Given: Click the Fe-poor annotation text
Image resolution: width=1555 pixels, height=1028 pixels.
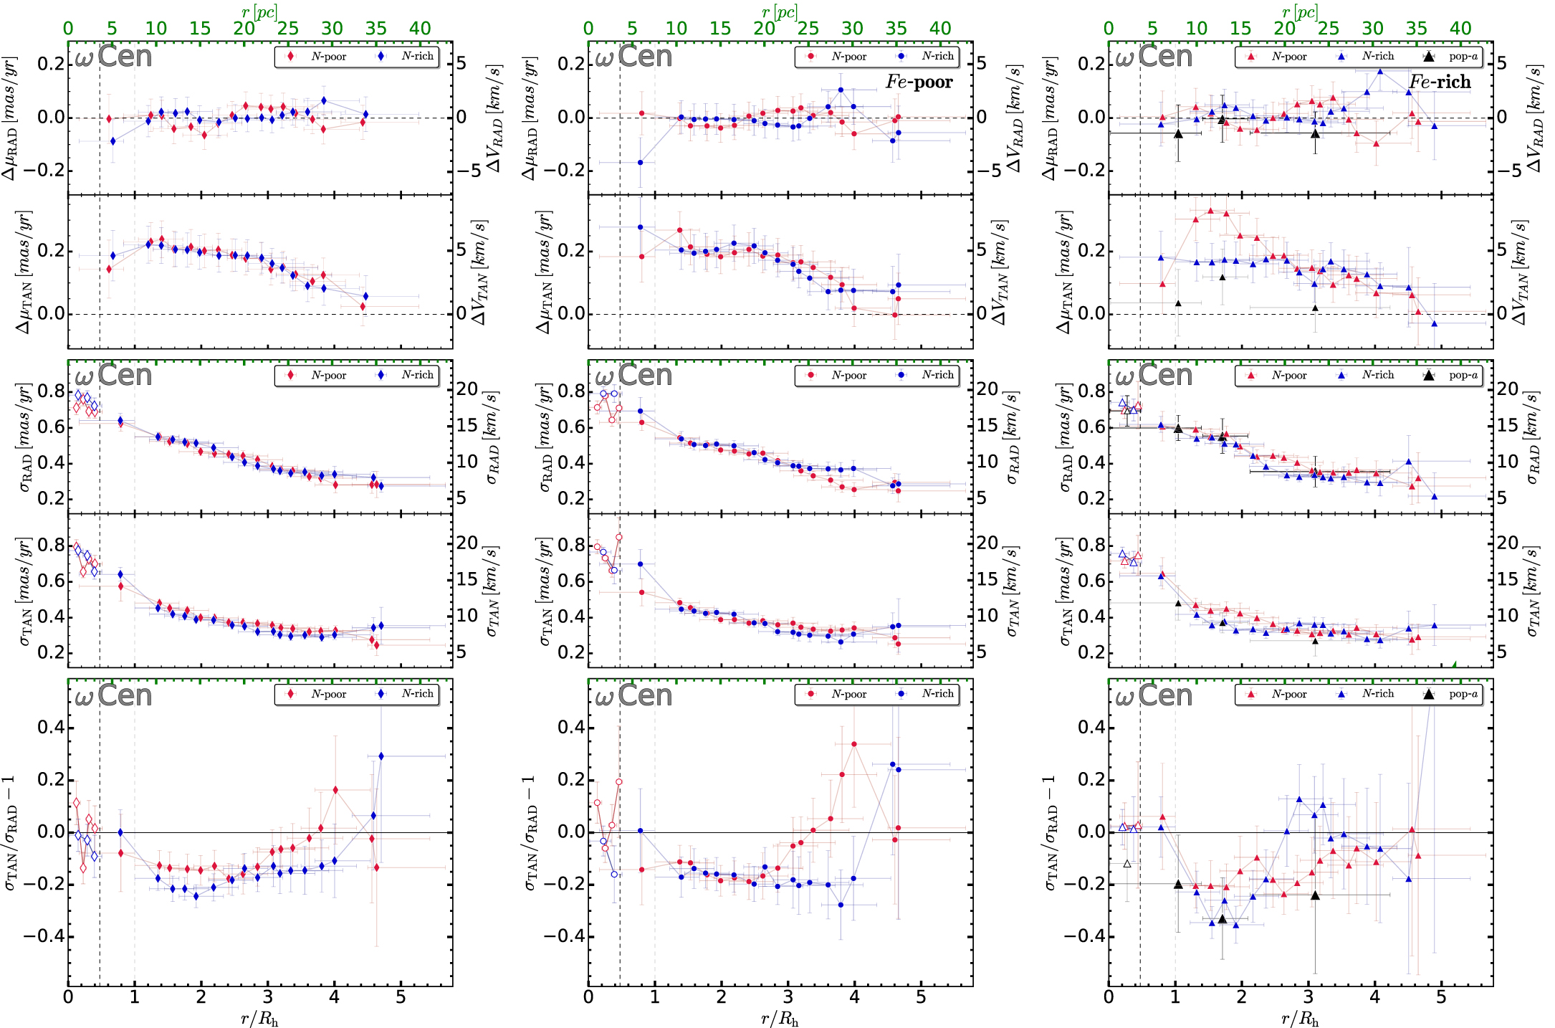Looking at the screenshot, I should pos(919,82).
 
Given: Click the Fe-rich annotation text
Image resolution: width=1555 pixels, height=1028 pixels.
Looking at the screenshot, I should pos(1440,82).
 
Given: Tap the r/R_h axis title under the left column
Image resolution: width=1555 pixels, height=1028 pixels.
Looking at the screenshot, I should pos(259,1019).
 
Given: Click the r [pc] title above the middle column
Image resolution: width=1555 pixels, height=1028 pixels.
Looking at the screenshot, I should pos(780,12).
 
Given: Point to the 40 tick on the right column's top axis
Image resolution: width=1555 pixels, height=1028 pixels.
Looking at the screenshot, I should pos(1460,29).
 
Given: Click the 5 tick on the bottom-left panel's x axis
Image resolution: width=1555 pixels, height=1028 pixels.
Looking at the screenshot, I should pos(401,997).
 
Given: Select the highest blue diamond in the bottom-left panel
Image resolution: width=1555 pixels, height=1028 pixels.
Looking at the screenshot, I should pos(381,756).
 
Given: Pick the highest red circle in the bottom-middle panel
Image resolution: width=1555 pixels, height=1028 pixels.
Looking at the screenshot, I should pos(854,744).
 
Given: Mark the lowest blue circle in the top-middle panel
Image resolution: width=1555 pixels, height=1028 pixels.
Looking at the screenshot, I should pos(641,163).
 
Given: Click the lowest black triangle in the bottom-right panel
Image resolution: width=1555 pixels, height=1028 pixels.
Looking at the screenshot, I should pos(1223,919).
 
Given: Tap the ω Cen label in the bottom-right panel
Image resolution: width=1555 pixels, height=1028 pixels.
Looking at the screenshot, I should pos(1154,695).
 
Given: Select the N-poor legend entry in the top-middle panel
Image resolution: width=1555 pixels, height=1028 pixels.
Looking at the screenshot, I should pos(838,57).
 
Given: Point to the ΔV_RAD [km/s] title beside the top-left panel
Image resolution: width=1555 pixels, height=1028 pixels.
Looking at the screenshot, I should pos(494,118).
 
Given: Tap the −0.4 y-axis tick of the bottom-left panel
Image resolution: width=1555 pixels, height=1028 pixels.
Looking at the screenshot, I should pos(44,936).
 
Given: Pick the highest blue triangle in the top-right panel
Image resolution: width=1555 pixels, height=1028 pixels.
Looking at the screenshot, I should pos(1380,71).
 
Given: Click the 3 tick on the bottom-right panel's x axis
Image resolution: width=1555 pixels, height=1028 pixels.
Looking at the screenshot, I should pos(1308,997).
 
